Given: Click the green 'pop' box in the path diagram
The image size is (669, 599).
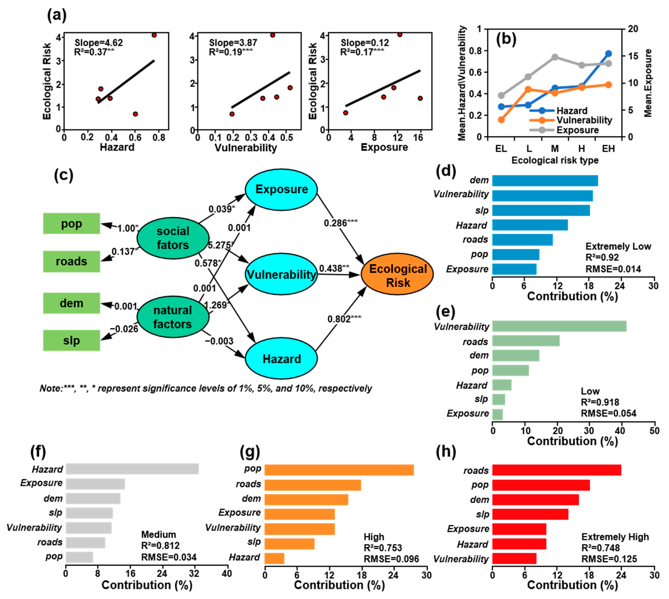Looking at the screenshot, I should tap(71, 223).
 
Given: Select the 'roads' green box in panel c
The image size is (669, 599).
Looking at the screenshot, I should tap(71, 261).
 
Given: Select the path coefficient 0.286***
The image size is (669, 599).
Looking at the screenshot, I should tap(340, 223).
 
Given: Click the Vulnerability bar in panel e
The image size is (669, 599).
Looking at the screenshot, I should tap(559, 326).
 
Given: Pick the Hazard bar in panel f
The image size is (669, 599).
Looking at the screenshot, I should tap(132, 469).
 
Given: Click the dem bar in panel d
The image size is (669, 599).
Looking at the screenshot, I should tap(545, 181).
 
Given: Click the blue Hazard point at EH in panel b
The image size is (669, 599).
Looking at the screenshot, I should tap(608, 53).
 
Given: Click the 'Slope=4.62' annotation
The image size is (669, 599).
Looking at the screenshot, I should tap(99, 43).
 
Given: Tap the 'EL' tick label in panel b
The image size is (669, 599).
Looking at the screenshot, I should tap(501, 149).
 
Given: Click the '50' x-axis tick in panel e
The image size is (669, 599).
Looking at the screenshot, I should tap(654, 431).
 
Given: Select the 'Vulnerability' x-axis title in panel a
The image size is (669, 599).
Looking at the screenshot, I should tap(246, 148).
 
